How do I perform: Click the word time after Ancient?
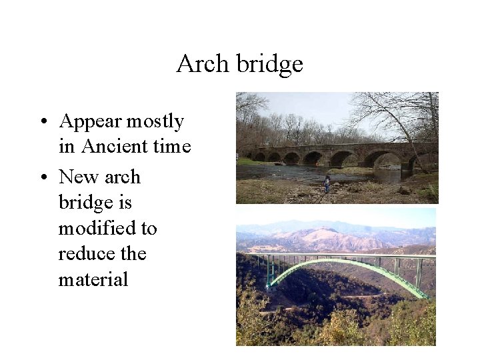click(173, 147)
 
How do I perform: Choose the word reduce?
click(83, 254)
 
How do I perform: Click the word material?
click(93, 279)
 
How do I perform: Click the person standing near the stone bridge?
click(327, 183)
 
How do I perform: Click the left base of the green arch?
click(268, 286)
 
